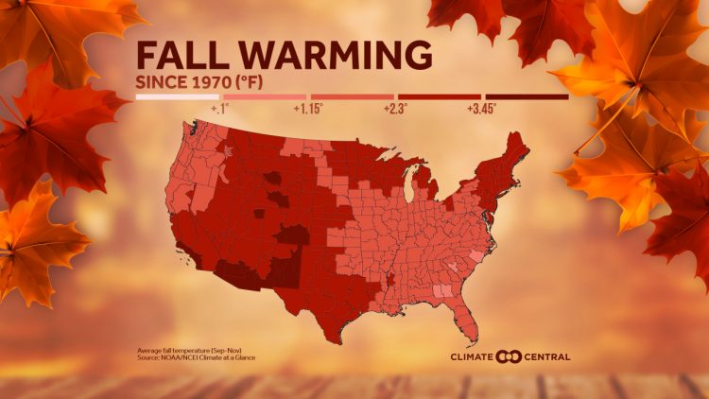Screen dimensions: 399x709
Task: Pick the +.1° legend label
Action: (x=220, y=110)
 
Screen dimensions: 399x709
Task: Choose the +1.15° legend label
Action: (x=307, y=110)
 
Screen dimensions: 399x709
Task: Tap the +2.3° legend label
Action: (x=395, y=110)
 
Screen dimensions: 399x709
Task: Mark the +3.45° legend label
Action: (x=481, y=110)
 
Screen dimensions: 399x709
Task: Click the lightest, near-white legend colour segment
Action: (x=176, y=96)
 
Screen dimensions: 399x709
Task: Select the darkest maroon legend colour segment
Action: (x=527, y=96)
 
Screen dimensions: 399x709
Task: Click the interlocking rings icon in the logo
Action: (x=509, y=356)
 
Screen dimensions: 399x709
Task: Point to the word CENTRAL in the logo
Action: (x=547, y=356)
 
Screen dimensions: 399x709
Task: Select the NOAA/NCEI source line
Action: (x=196, y=357)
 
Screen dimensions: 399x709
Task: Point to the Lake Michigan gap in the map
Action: (x=409, y=189)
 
